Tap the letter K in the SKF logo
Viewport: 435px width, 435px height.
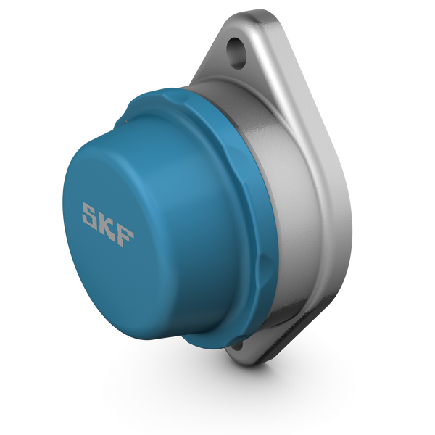pos(108,225)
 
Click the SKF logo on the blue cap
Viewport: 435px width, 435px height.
pos(108,225)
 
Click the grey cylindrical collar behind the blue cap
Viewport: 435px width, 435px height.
pos(275,217)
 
